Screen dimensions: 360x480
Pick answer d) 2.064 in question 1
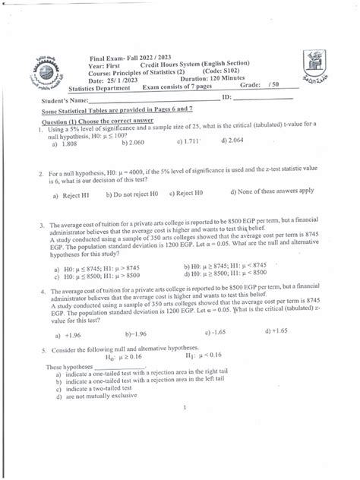[232, 141]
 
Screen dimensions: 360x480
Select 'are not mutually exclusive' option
[101, 396]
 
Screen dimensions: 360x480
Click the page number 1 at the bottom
[185, 408]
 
